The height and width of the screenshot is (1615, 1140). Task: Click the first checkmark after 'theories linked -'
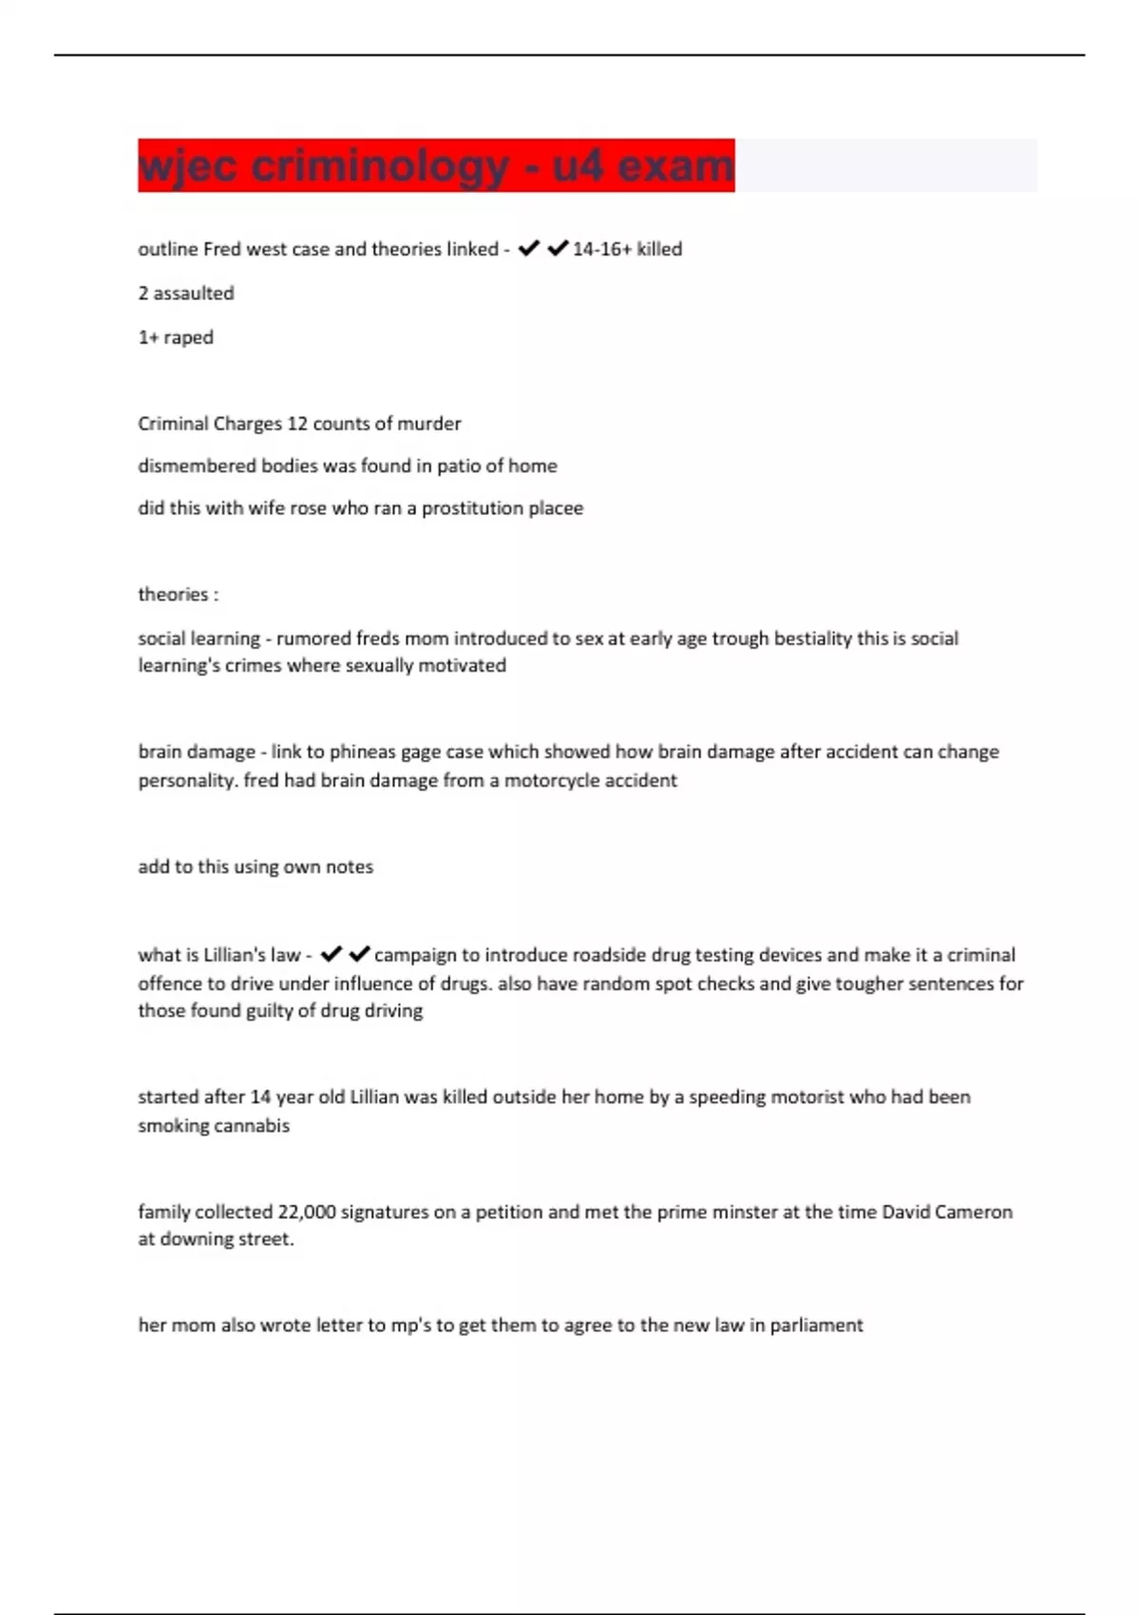[528, 249]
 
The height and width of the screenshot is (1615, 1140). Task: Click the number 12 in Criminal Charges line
[296, 424]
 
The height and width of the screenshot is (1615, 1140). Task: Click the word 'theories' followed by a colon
[173, 595]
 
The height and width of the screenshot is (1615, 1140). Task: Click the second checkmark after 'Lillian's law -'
[359, 954]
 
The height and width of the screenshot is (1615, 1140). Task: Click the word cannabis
[253, 1126]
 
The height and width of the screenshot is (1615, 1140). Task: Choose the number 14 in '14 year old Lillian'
[260, 1097]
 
